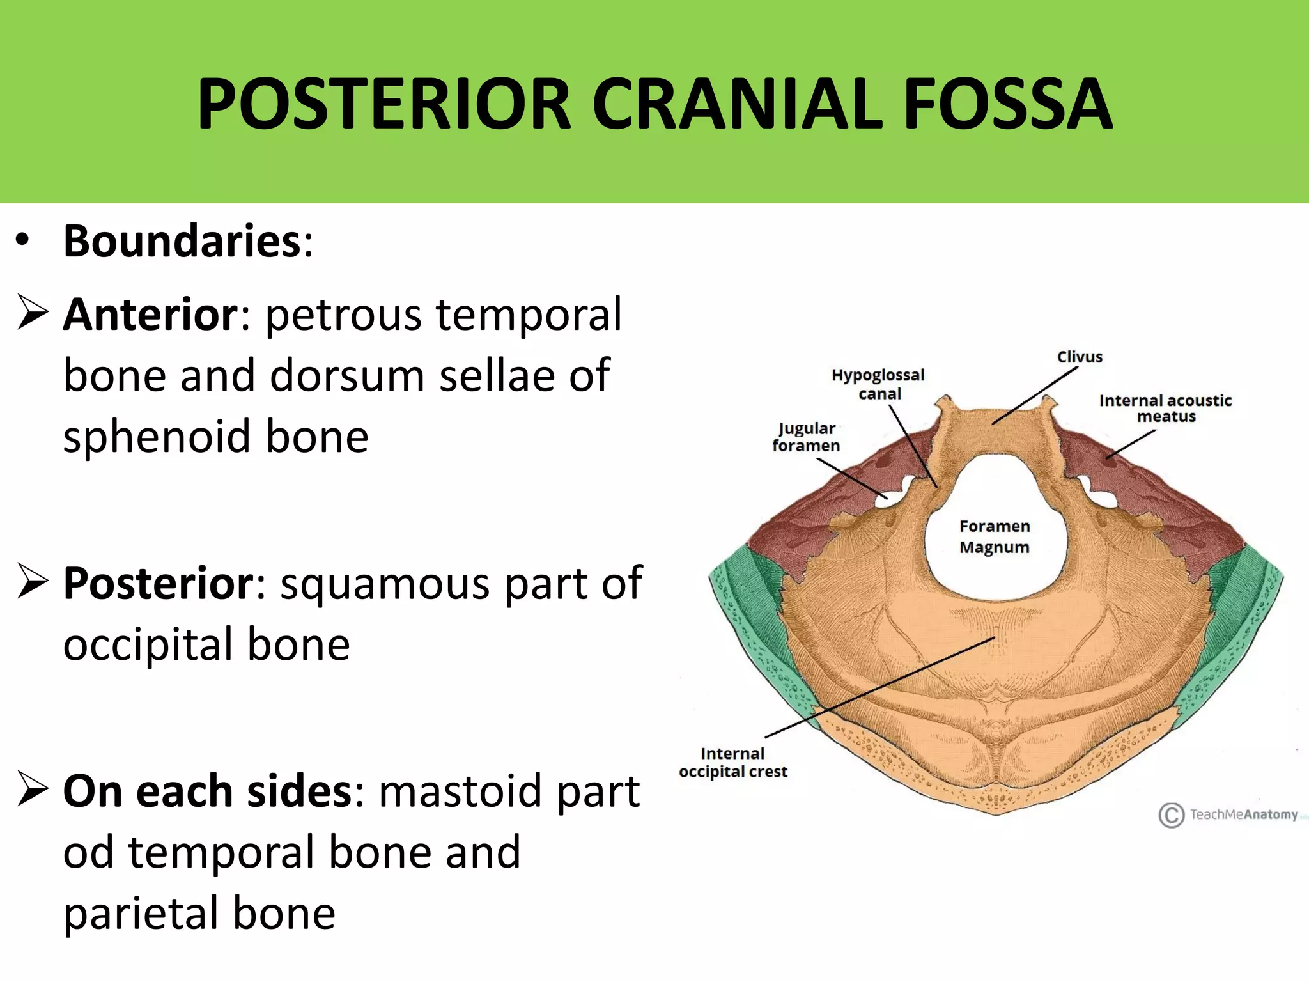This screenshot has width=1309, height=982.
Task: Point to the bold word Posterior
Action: (x=159, y=583)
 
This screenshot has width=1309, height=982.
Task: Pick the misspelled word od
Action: (x=89, y=852)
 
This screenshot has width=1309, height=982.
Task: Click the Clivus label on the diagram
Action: (x=1080, y=357)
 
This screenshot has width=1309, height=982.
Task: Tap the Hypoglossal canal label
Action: (x=878, y=384)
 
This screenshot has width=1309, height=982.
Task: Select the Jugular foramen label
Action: (x=806, y=437)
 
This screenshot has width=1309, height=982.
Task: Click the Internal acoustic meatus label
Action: (x=1165, y=408)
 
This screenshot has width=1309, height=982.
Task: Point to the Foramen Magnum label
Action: (x=995, y=536)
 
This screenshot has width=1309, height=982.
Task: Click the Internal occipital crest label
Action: (x=733, y=762)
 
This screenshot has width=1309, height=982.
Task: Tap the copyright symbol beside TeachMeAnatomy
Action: (x=1171, y=815)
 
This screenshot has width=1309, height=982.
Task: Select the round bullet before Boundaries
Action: (x=23, y=241)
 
